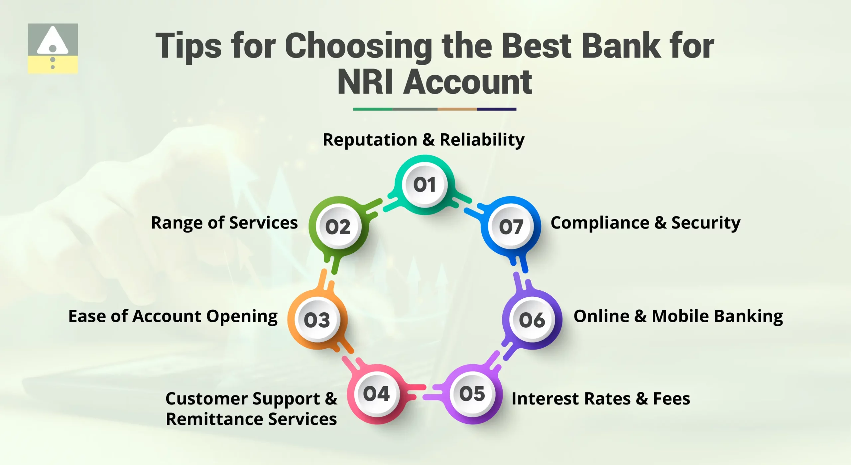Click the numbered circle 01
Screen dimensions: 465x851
tap(425, 185)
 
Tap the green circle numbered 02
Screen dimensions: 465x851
tap(338, 227)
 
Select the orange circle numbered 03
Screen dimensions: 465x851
tap(317, 320)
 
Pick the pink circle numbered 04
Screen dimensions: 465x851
tap(376, 393)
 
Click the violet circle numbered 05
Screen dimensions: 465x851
tap(472, 393)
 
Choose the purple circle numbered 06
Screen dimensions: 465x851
tap(532, 320)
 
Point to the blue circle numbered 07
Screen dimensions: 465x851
tap(511, 227)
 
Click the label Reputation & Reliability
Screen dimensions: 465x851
tap(424, 140)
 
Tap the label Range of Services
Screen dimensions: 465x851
tap(224, 223)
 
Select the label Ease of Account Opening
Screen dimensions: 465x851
tap(173, 316)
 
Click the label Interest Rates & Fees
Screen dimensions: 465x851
tap(601, 399)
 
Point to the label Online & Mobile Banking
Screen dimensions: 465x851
tap(678, 316)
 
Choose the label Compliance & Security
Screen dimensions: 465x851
tap(646, 223)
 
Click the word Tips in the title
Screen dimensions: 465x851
tap(188, 47)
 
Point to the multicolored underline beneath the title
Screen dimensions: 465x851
tap(434, 109)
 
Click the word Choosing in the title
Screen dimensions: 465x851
tap(358, 47)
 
